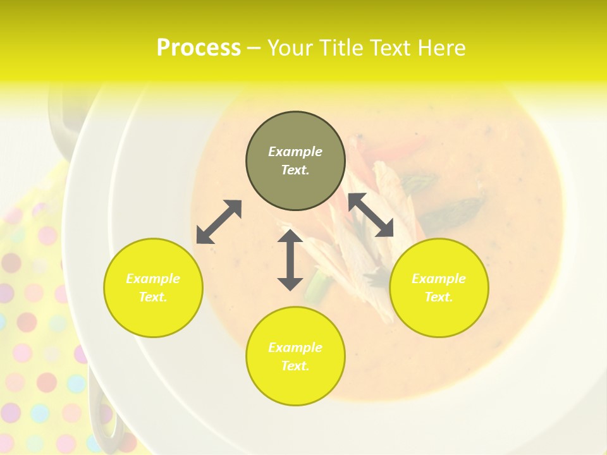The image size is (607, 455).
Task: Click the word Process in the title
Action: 199,48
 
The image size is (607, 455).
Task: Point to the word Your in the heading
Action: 291,48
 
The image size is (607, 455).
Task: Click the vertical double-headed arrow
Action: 290,260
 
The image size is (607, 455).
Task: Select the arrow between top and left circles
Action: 219,222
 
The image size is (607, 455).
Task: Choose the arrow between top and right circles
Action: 371,215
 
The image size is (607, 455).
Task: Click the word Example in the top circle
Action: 295,152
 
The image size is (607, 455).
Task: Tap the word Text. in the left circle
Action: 153,297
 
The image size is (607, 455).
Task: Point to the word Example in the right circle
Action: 439,279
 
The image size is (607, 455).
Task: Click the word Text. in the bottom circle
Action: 295,366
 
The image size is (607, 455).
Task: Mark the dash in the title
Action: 254,48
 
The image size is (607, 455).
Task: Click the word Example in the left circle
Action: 153,279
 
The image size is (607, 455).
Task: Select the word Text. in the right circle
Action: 439,297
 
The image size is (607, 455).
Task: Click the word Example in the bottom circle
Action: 295,348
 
